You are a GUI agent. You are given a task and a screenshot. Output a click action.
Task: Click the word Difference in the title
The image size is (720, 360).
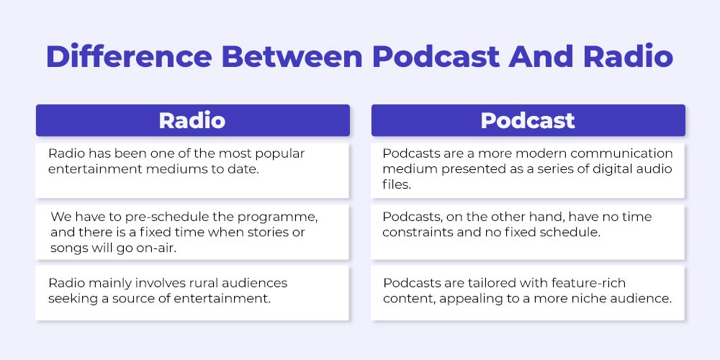click(x=129, y=56)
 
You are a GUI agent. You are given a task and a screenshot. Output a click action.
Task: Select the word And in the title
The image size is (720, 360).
click(x=541, y=56)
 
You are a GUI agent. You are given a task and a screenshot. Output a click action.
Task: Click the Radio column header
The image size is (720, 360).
click(x=192, y=120)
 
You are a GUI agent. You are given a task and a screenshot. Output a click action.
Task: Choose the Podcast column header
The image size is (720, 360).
click(x=528, y=120)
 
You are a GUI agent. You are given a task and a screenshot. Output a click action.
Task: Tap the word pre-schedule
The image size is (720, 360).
click(x=157, y=217)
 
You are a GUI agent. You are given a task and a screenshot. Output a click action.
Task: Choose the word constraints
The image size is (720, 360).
click(x=417, y=233)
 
